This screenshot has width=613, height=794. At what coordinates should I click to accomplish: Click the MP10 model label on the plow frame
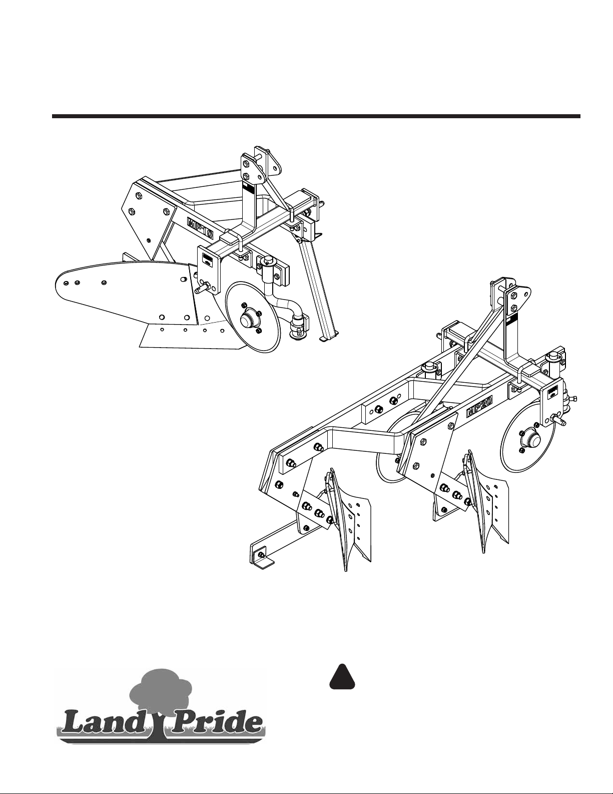(200, 228)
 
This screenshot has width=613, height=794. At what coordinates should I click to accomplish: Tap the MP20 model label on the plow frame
(480, 406)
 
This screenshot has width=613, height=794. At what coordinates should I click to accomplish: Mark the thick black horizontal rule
(316, 116)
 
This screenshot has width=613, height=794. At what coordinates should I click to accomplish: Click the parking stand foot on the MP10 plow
(329, 339)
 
